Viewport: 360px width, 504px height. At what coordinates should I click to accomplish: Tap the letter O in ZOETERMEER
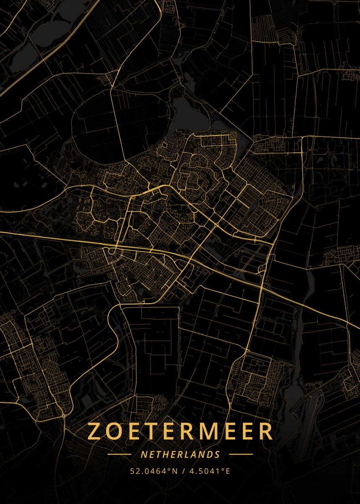pyautogui.click(x=117, y=431)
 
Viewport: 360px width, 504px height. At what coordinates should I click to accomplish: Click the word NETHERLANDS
pyautogui.click(x=180, y=454)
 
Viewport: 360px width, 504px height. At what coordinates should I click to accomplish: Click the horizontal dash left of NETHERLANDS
pyautogui.click(x=120, y=454)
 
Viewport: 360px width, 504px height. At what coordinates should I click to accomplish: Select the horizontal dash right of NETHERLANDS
pyautogui.click(x=241, y=454)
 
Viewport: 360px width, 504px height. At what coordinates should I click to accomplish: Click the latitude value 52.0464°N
pyautogui.click(x=153, y=471)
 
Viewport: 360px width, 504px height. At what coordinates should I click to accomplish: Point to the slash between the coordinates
pyautogui.click(x=184, y=471)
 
